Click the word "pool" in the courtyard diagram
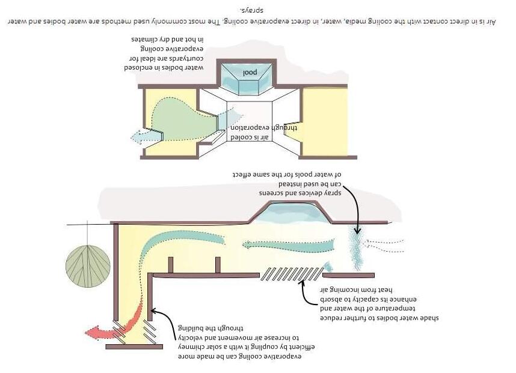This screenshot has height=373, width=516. pos(250,73)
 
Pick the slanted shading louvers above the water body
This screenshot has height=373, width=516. pos(292,273)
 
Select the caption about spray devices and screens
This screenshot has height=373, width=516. pos(287,183)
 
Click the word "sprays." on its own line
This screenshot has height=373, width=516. pos(256,10)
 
